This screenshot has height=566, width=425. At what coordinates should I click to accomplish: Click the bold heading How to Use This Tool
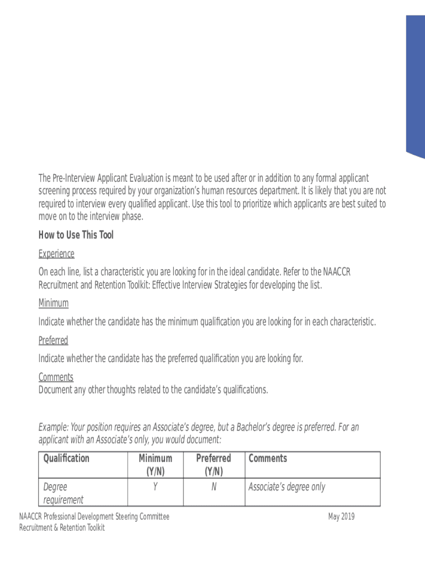(76, 235)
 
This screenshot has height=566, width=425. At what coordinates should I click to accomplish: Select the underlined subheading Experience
(56, 254)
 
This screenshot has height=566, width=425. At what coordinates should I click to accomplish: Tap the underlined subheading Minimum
(54, 303)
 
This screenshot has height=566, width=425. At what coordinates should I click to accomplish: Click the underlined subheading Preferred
(54, 340)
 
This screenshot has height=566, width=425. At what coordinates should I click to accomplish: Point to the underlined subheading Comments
(56, 377)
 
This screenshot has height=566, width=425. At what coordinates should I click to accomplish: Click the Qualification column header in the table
(66, 458)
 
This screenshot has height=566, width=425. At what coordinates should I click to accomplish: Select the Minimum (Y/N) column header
(155, 465)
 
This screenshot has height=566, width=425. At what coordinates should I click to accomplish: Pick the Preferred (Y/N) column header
(214, 465)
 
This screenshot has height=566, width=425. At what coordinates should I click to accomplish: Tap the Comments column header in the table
(268, 458)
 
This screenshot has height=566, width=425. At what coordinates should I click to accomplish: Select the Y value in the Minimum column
(156, 487)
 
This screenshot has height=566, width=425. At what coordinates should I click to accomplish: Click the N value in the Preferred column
(214, 487)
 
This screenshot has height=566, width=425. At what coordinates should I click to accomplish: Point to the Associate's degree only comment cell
(287, 487)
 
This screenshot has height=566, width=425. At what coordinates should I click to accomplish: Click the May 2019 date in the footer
(341, 517)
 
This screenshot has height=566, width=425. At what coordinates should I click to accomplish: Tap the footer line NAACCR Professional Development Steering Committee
(94, 517)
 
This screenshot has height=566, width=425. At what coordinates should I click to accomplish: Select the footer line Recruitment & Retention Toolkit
(62, 527)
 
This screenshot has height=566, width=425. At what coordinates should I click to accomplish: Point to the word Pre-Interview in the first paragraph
(73, 178)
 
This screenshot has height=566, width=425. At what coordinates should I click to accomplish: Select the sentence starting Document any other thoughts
(153, 390)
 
